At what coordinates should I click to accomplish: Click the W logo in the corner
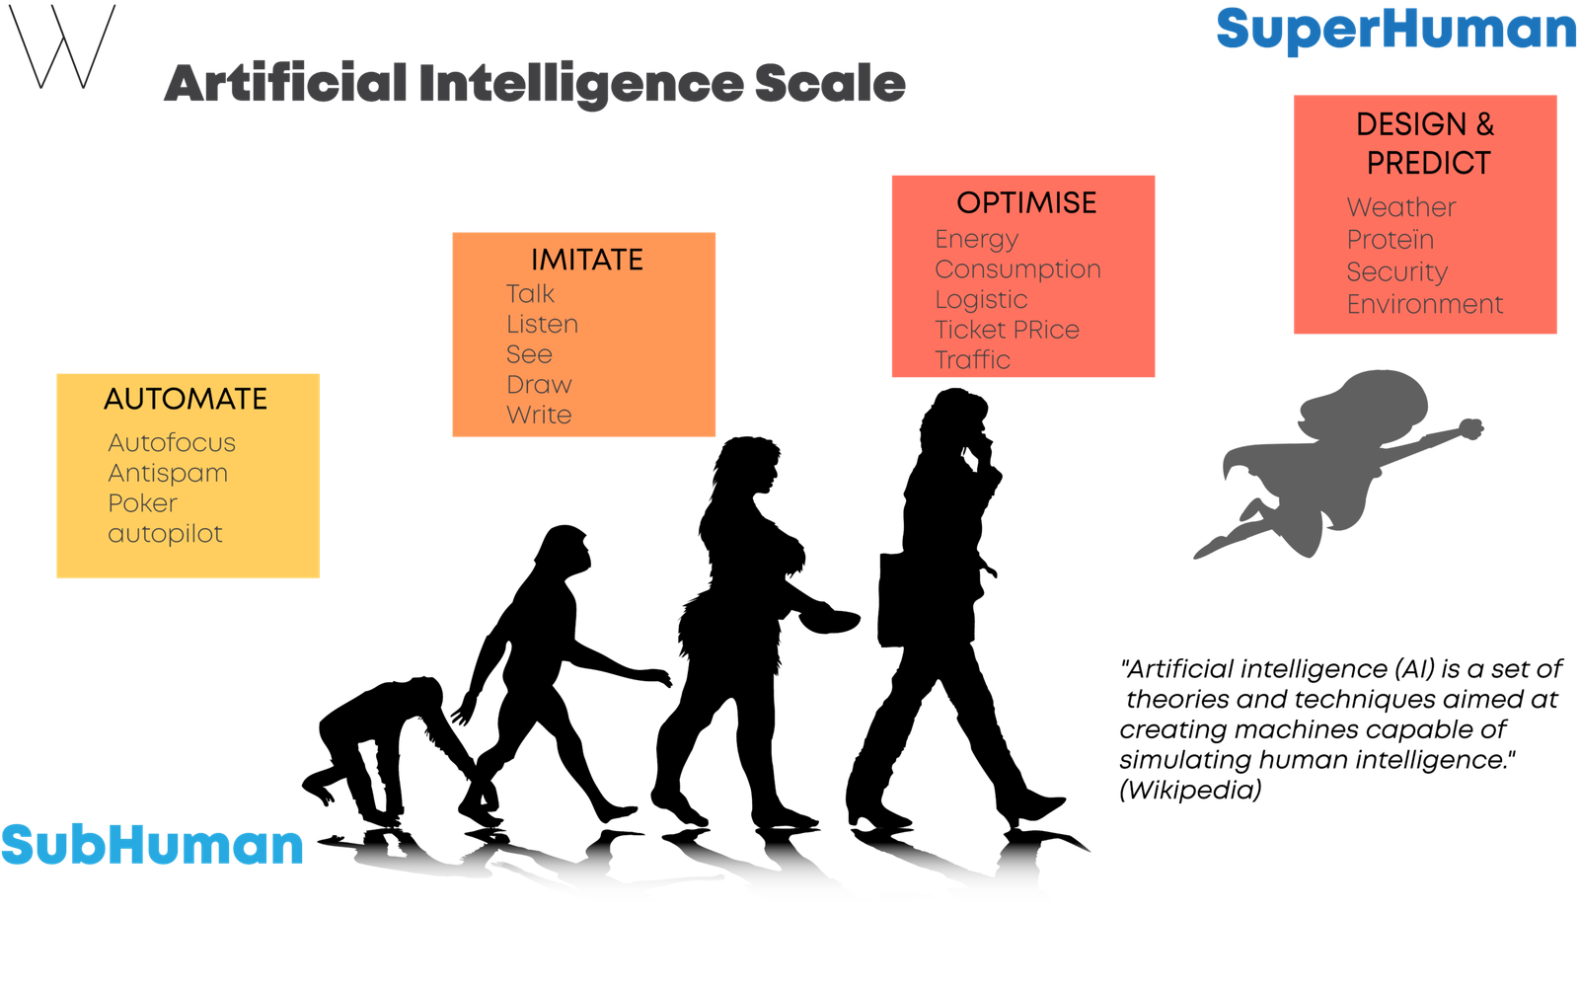click(x=62, y=46)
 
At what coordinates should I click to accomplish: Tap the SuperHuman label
click(x=1396, y=31)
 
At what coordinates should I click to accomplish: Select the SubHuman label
click(x=152, y=844)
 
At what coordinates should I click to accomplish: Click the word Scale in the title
click(x=830, y=83)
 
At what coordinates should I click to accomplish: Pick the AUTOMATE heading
click(x=187, y=399)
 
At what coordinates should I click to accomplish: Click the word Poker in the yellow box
click(x=142, y=502)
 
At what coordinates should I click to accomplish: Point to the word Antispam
click(x=168, y=473)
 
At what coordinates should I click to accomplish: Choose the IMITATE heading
click(x=587, y=261)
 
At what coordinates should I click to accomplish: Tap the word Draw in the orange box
click(x=539, y=384)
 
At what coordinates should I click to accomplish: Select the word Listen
click(x=542, y=324)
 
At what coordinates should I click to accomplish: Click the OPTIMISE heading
click(x=1026, y=203)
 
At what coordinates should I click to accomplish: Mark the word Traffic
click(x=973, y=359)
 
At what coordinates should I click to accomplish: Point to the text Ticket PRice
click(x=1008, y=330)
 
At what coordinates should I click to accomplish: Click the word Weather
click(x=1401, y=207)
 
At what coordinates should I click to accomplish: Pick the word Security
click(x=1397, y=272)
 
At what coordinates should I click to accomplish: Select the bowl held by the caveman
click(x=830, y=621)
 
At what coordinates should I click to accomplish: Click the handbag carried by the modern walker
click(x=894, y=599)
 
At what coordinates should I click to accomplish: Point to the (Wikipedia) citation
click(x=1190, y=790)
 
